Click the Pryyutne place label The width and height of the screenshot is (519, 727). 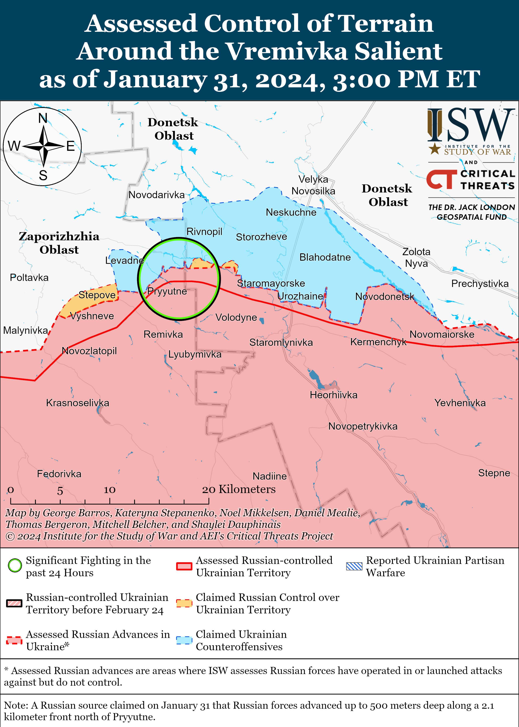(167, 291)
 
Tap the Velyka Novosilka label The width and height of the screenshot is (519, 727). (313, 185)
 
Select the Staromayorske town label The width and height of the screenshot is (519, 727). (271, 283)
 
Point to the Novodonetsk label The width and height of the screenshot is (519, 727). (384, 297)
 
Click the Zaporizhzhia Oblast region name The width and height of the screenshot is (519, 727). (59, 243)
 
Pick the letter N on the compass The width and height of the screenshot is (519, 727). (43, 118)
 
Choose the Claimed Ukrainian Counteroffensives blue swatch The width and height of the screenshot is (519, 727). (184, 640)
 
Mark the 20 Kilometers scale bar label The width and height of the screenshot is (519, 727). (239, 489)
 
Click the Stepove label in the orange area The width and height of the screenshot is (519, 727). (97, 295)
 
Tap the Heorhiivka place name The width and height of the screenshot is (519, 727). (333, 395)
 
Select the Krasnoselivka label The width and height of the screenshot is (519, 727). (78, 403)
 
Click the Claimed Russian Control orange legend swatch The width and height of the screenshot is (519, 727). (184, 603)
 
